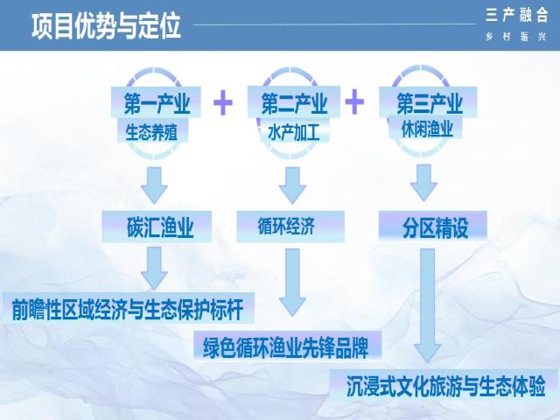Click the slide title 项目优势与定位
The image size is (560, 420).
[106, 26]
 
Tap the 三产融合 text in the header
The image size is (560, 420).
[516, 16]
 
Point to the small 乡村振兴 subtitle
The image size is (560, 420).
[516, 37]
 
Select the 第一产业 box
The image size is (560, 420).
[156, 102]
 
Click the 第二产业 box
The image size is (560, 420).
[294, 102]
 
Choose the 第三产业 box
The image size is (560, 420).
[428, 102]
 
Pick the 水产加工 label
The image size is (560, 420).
[294, 133]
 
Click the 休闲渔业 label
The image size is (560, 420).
[426, 129]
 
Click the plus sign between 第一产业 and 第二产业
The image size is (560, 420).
[223, 102]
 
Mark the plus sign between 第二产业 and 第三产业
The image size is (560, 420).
[354, 102]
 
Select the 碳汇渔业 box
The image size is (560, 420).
[157, 227]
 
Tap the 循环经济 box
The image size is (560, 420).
[290, 227]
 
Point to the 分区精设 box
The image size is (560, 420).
[433, 226]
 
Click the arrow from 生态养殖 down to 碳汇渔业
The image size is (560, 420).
[154, 185]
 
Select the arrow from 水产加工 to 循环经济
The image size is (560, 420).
[292, 185]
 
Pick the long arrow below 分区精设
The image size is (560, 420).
[428, 305]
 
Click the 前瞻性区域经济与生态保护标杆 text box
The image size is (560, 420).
[129, 309]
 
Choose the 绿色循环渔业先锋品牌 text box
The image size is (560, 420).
[288, 346]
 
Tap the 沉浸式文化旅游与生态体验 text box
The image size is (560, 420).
[444, 385]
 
